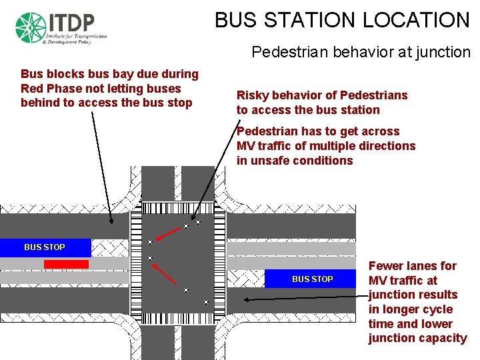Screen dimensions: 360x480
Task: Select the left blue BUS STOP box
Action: [45, 247]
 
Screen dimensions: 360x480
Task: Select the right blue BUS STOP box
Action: [312, 279]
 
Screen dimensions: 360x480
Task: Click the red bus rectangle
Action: [66, 264]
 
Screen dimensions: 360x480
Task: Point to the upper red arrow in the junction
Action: [170, 231]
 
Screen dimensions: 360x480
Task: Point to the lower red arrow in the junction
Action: [166, 275]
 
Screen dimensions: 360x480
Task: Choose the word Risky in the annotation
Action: [252, 95]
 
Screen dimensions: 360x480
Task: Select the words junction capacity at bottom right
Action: [417, 338]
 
